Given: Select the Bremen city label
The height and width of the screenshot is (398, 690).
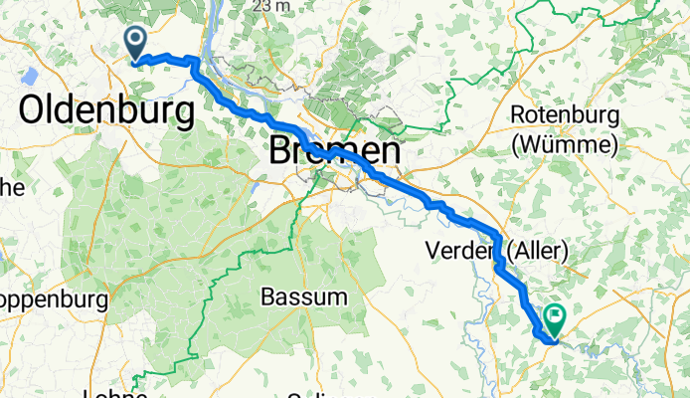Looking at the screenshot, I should pos(336,152).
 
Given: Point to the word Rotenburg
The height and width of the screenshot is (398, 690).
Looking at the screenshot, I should pos(564,115).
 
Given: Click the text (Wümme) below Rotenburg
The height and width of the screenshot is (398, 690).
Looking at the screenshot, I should pos(565,145).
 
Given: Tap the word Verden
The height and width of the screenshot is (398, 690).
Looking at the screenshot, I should pos(460,250).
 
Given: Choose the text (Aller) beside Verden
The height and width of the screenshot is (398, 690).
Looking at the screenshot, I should pos(537,250).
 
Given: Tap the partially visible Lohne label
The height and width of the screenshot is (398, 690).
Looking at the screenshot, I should pos(117,393).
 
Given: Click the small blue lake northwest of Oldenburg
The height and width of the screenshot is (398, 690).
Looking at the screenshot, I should pos(27,77).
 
